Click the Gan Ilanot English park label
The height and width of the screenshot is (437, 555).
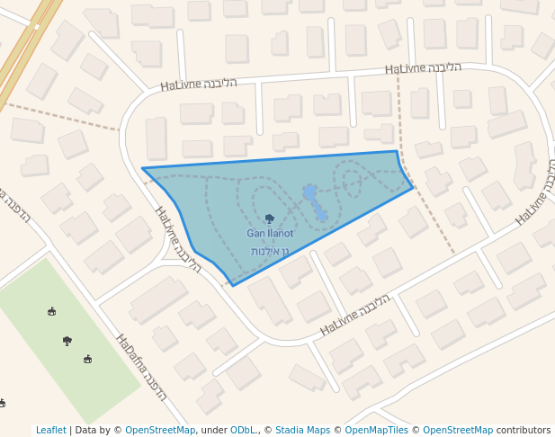point(270,234)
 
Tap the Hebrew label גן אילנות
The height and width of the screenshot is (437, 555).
point(269,252)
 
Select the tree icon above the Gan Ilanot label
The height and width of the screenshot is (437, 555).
point(270,218)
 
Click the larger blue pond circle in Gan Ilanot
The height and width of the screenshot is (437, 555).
point(309,192)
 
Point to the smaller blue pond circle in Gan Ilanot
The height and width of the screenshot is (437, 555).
point(321,215)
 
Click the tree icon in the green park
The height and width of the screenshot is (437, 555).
point(67,341)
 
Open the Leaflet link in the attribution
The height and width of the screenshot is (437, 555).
point(50,431)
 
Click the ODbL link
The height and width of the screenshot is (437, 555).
point(243,431)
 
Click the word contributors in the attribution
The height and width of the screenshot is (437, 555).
point(524,431)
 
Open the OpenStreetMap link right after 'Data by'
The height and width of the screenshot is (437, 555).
point(160,431)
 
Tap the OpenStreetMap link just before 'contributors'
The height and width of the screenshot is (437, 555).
point(458,431)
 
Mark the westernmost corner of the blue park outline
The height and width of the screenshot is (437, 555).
point(142,167)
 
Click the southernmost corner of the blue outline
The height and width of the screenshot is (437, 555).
point(232,286)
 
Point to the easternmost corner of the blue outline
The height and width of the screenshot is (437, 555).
point(413,187)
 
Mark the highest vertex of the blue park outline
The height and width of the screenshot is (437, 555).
point(397,151)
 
